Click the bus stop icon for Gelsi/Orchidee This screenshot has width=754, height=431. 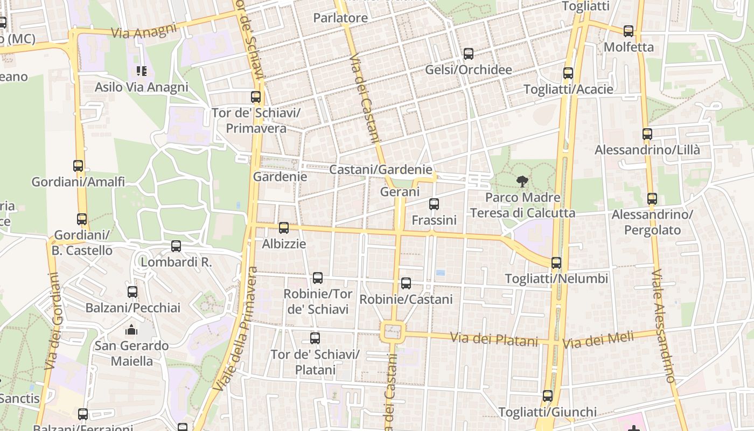(469, 54)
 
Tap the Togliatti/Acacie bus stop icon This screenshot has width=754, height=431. (568, 73)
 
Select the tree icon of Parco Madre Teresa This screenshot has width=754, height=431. (522, 182)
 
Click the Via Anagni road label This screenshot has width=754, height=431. (144, 30)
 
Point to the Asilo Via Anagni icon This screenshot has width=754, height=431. (142, 71)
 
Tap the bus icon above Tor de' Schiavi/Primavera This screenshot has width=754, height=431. (256, 97)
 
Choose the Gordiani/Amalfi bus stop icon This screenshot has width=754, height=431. (78, 166)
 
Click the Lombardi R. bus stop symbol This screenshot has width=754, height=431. (176, 246)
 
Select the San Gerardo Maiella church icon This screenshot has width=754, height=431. (132, 329)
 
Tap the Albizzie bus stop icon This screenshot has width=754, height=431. (284, 228)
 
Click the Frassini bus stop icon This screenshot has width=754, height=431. (434, 204)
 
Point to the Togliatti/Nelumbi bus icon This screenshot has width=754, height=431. (556, 263)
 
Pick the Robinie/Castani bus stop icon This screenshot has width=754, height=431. (406, 283)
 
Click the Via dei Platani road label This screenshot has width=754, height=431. (494, 339)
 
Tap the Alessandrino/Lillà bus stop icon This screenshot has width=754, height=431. (647, 134)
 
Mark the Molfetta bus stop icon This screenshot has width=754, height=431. (629, 31)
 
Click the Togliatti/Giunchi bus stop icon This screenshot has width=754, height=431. (548, 396)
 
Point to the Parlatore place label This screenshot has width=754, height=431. (340, 18)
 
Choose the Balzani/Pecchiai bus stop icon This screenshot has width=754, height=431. (132, 292)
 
